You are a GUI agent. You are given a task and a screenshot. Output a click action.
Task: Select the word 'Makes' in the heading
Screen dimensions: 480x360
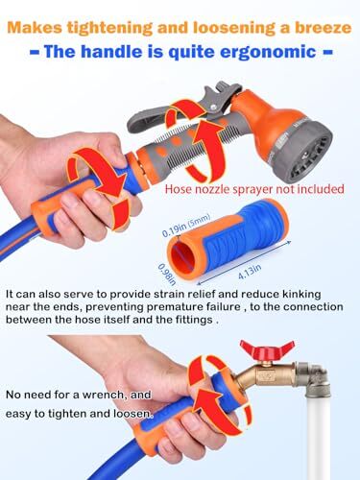(42, 16)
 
